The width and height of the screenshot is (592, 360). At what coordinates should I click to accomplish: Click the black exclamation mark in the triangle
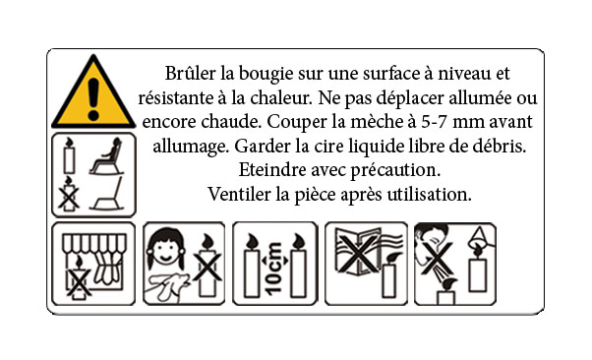click(x=92, y=99)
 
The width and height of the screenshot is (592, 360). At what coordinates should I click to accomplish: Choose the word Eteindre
click(x=272, y=170)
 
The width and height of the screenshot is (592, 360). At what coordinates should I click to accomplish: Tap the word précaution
click(x=395, y=171)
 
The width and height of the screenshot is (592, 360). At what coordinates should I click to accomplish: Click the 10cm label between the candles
click(x=274, y=269)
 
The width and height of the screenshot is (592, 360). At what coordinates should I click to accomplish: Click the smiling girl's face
click(x=165, y=251)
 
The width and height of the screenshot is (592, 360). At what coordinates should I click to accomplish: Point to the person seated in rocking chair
click(x=107, y=156)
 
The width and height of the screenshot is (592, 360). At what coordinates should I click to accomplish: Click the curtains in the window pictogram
click(x=107, y=269)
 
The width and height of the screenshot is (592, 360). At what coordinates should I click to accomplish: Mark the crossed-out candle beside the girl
click(x=207, y=266)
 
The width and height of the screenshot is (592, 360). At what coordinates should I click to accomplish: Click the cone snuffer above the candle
click(x=478, y=238)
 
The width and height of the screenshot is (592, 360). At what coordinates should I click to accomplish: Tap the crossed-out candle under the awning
click(x=79, y=278)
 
